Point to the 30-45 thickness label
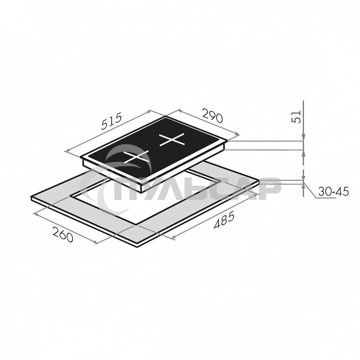click(x=333, y=192)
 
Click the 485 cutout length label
click(x=224, y=221)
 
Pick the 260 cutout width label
click(x=63, y=234)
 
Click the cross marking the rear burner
click(x=172, y=140)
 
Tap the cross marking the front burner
click(x=137, y=157)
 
